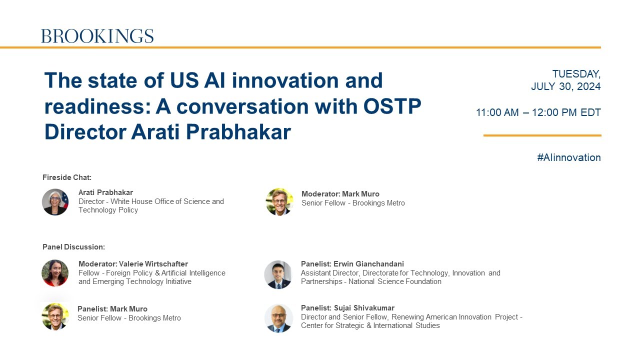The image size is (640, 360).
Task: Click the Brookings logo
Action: pos(97,36)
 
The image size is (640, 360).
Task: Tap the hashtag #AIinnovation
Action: pos(568,157)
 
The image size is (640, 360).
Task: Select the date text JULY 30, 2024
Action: pos(565,86)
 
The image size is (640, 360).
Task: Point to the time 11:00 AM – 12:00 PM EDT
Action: pos(538,112)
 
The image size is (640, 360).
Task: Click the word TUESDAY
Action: pos(576,74)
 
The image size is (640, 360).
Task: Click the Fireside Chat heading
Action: pos(67,177)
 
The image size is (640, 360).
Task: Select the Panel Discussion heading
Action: pos(73,247)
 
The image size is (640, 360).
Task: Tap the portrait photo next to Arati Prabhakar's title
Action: pos(55,202)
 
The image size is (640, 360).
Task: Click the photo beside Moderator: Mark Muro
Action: pos(279,202)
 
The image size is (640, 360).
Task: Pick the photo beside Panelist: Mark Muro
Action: pos(55,316)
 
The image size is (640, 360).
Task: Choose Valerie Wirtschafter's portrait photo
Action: pos(55,273)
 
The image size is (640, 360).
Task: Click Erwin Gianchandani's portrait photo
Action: pos(278,274)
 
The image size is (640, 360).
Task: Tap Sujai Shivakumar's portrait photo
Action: pos(278,318)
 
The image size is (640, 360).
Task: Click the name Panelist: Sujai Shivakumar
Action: pos(347,308)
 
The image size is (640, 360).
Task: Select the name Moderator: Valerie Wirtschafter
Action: pos(133,264)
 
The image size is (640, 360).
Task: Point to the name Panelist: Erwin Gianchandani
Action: pos(352,264)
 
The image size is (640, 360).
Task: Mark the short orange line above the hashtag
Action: pos(542,135)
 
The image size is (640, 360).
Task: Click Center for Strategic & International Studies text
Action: pos(370,325)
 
